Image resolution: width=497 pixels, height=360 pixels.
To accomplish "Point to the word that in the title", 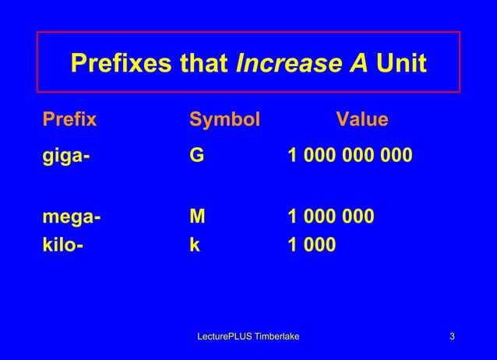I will [205, 64].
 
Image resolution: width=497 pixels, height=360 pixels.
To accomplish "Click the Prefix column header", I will [69, 120].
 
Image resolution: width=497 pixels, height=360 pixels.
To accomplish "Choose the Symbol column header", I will [225, 120].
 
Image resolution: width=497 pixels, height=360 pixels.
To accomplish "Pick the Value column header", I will [361, 120].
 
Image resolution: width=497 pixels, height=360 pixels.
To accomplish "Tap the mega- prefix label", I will [71, 216].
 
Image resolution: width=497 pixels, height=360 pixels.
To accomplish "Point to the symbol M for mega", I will [199, 216].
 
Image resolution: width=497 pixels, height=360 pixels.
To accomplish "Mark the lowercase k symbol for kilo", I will [195, 245].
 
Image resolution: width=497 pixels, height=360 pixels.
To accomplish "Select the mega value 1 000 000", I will [331, 216].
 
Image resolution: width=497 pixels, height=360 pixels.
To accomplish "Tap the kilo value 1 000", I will [312, 245].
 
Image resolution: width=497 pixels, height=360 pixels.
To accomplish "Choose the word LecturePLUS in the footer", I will [224, 337].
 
